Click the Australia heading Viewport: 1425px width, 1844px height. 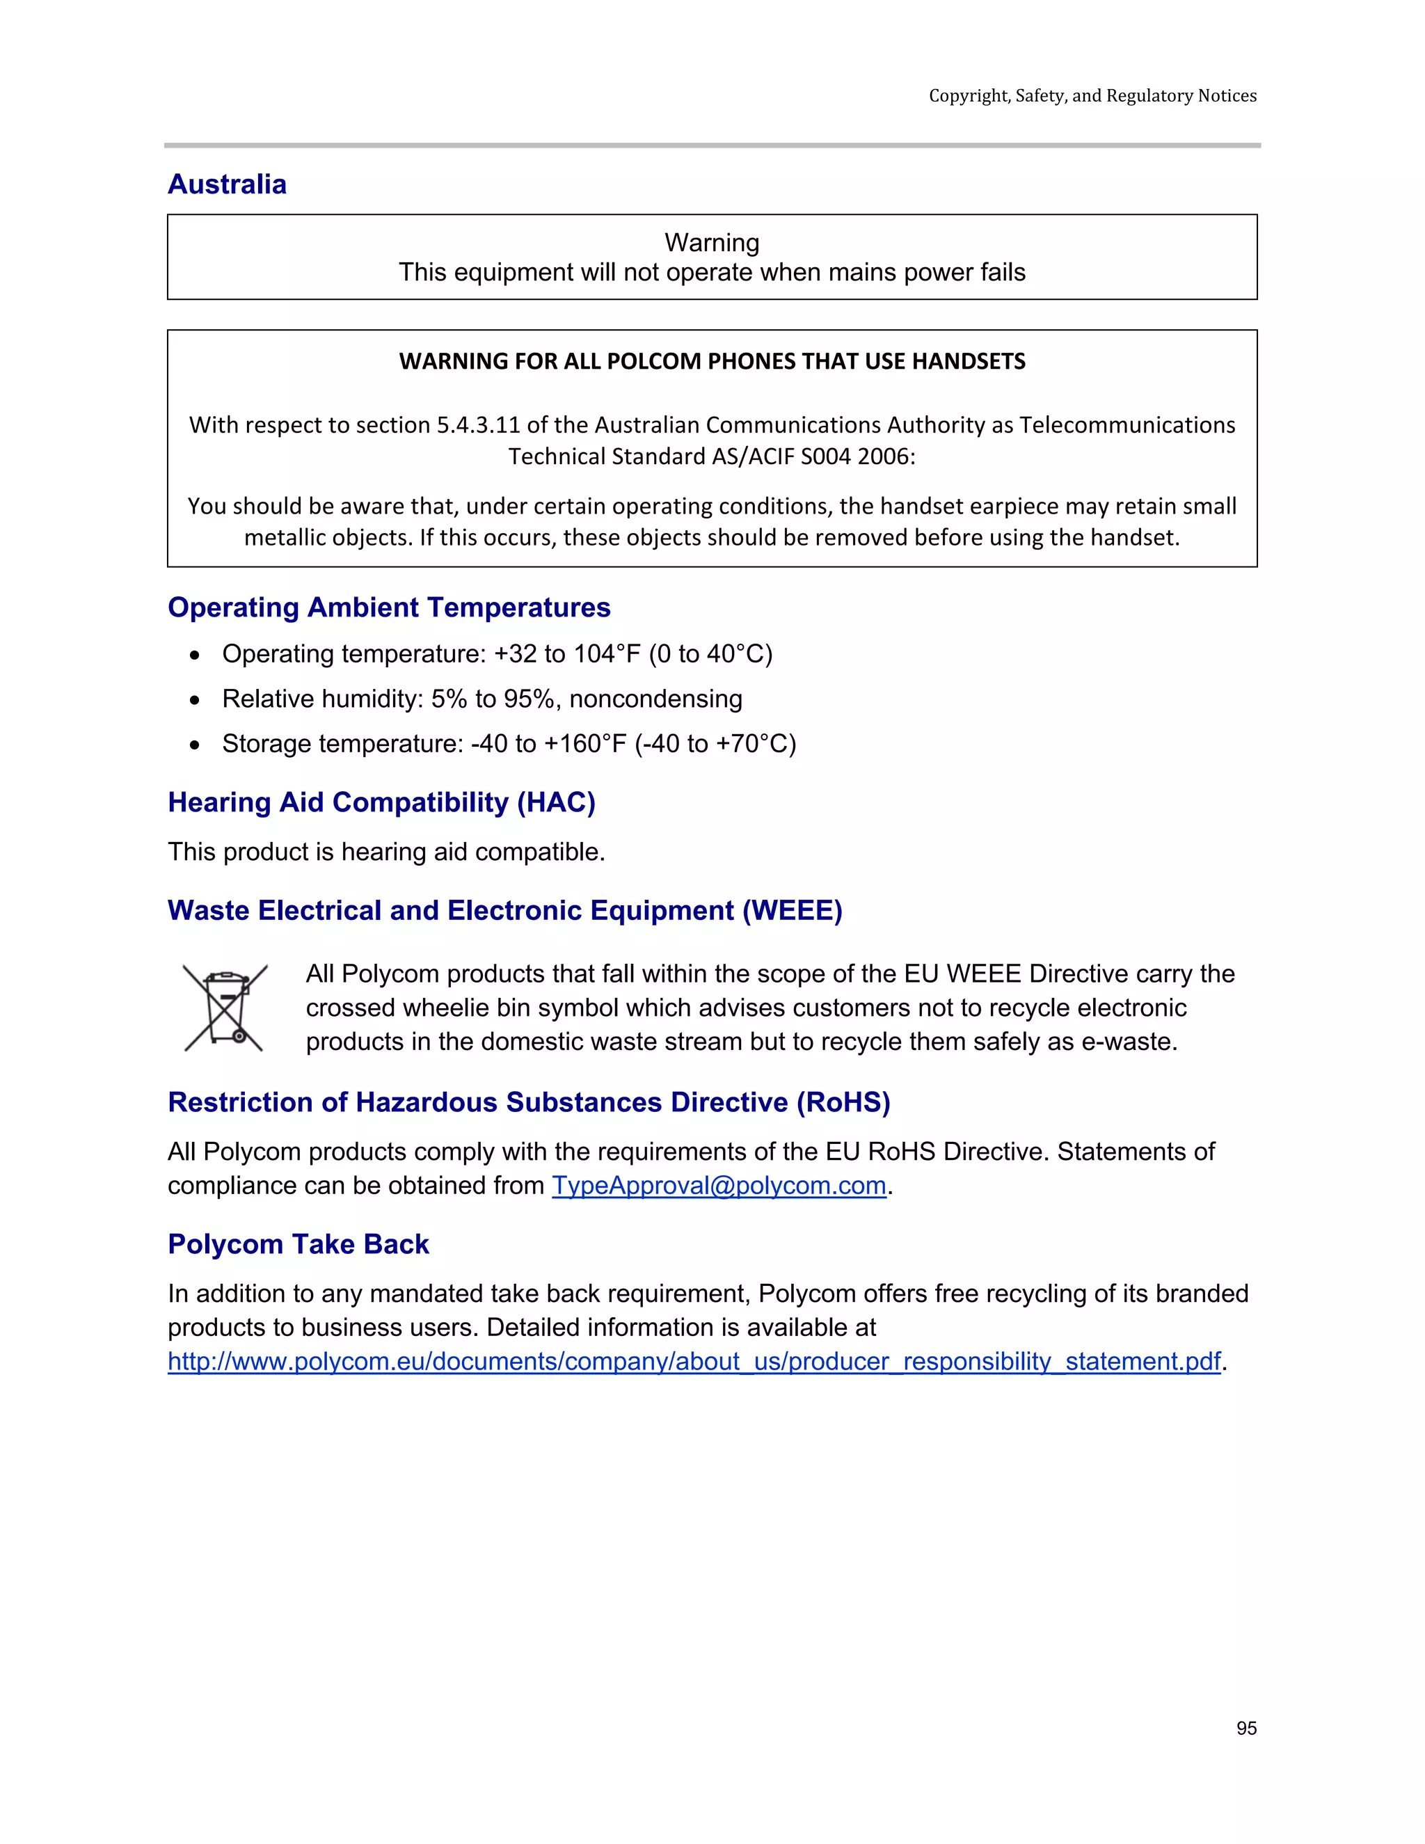[x=227, y=184]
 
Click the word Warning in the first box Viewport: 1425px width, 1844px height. [x=712, y=243]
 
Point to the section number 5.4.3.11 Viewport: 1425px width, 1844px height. [x=479, y=424]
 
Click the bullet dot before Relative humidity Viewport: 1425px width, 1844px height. [x=195, y=700]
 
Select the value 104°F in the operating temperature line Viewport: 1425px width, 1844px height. [x=606, y=654]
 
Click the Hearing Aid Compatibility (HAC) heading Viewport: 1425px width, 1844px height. [x=381, y=802]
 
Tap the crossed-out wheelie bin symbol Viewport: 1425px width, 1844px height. [x=225, y=1008]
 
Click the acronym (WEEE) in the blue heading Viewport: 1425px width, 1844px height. [x=792, y=910]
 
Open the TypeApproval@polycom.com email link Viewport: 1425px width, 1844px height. [x=718, y=1186]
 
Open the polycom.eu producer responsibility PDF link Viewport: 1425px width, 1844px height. [x=694, y=1361]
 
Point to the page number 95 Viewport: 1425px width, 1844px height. [x=1246, y=1728]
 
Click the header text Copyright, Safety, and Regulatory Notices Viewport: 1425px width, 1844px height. [x=1092, y=96]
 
